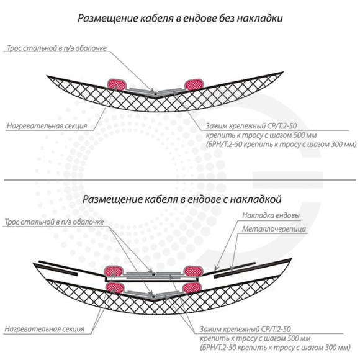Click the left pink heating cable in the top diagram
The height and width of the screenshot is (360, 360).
click(x=117, y=84)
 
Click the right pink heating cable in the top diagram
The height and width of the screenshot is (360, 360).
click(x=194, y=84)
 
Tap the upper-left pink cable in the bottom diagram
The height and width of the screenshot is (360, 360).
click(x=114, y=272)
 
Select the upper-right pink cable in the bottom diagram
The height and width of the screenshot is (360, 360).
click(x=193, y=272)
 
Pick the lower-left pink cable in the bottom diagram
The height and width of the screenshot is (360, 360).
click(x=115, y=288)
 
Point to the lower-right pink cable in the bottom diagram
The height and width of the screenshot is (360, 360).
click(x=192, y=288)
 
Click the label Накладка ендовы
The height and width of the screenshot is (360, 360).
click(x=271, y=215)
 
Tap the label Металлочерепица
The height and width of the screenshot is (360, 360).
click(x=274, y=229)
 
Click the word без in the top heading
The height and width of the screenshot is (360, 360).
click(x=227, y=19)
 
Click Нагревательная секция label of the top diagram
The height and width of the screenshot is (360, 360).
click(x=47, y=126)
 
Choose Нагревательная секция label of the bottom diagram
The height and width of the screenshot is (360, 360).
click(x=45, y=329)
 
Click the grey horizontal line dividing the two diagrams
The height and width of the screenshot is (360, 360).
click(x=180, y=180)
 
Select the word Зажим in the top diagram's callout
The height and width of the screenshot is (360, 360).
click(x=216, y=126)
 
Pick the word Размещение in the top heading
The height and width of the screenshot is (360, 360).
click(x=107, y=19)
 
